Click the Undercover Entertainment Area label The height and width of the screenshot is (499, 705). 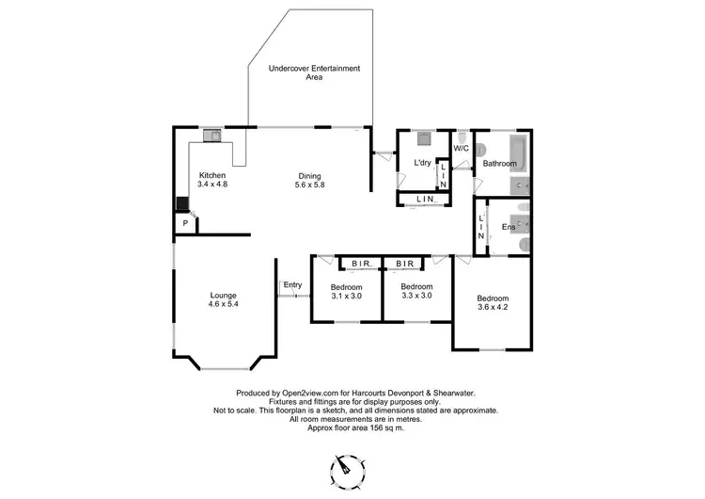coord(307,72)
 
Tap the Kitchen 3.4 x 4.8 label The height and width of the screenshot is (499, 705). coord(213,180)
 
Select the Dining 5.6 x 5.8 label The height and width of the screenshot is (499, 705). coord(310,180)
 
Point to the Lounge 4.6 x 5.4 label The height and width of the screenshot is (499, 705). coord(224,299)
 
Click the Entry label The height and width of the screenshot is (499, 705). coord(291,285)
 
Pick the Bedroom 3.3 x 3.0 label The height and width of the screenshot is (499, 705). coord(415,291)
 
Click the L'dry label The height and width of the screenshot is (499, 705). coord(422,164)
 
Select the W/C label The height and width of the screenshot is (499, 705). coord(461,149)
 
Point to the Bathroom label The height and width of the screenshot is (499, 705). coord(499,164)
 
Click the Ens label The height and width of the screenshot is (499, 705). coord(509,227)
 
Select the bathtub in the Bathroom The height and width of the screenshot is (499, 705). coord(518,149)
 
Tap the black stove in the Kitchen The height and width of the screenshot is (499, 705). coord(181,203)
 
